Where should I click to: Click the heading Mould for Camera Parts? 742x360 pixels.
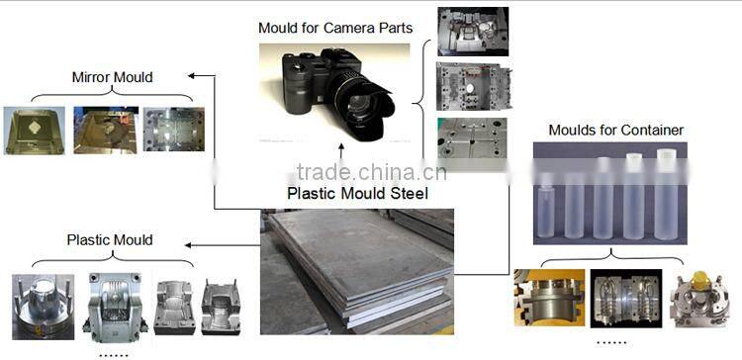pos(335,27)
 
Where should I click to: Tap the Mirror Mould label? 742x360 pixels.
pos(112,76)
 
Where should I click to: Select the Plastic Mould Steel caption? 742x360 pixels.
pos(357,194)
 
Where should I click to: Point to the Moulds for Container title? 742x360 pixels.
pos(615,130)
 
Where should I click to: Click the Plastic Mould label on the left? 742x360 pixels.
pos(110,239)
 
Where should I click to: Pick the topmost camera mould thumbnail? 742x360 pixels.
pos(473,32)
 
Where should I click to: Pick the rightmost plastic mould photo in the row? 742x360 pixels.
pos(221,304)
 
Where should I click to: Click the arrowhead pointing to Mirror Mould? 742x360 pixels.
pos(192,76)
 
